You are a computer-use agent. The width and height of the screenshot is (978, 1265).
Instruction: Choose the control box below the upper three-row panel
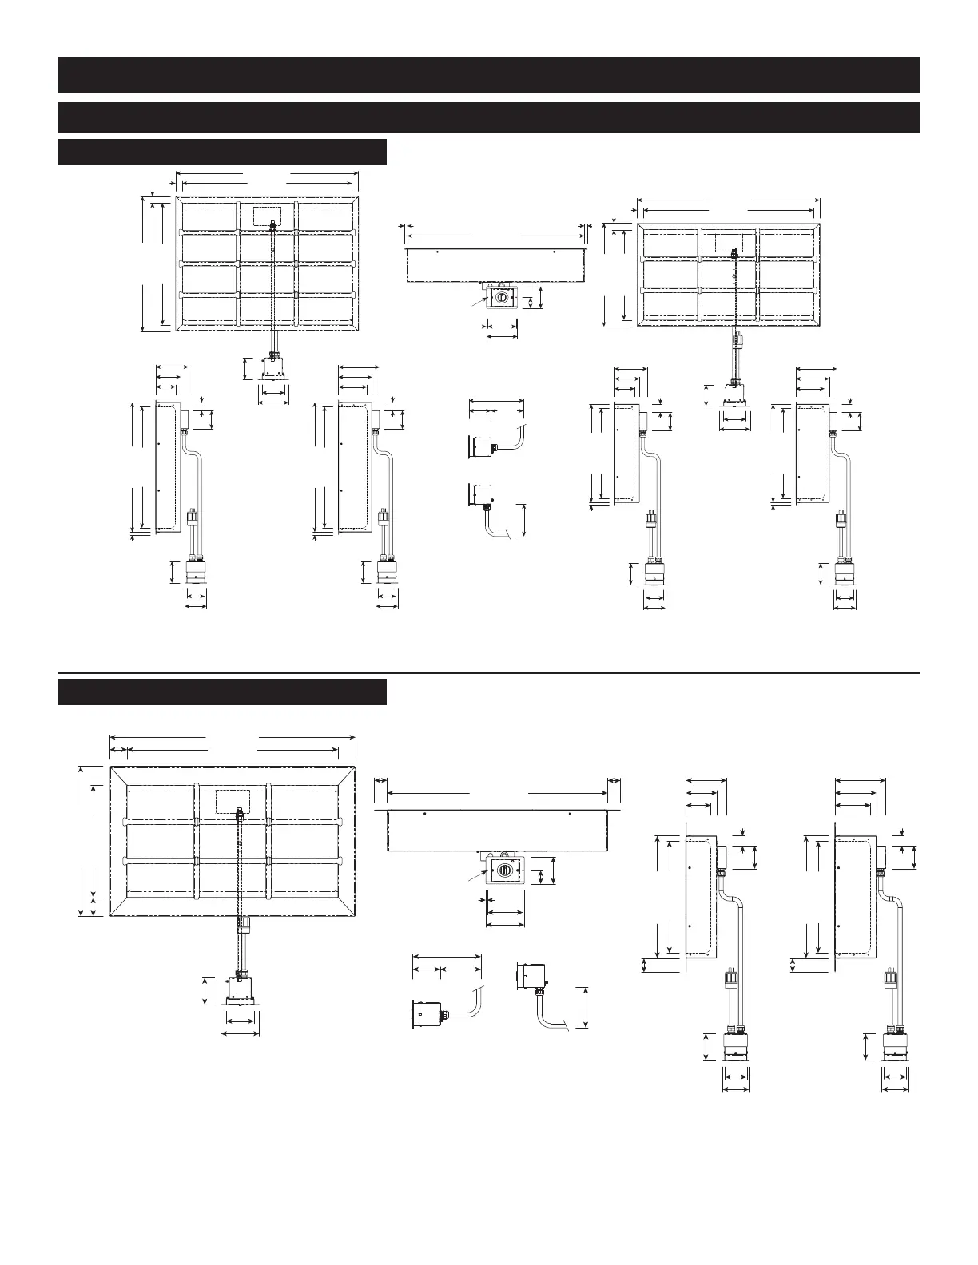click(735, 393)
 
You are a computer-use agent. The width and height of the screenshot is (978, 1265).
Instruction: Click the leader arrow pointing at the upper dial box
click(477, 302)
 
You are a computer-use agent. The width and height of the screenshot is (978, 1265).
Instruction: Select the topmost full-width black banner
click(488, 74)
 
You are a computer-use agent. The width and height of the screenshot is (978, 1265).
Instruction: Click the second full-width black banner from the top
click(488, 117)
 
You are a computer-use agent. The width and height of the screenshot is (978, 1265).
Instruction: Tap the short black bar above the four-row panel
click(221, 152)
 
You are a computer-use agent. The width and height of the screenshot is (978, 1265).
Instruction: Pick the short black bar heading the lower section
click(221, 692)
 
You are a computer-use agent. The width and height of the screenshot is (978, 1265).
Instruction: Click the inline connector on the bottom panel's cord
click(245, 926)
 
